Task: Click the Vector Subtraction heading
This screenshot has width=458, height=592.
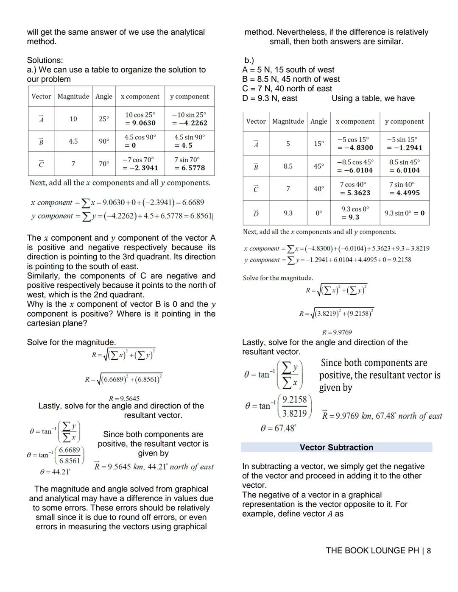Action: click(x=336, y=447)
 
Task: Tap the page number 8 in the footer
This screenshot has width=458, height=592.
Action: click(x=429, y=550)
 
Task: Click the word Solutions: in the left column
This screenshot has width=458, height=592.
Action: click(x=45, y=60)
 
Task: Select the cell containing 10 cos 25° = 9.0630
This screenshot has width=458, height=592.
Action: click(x=140, y=119)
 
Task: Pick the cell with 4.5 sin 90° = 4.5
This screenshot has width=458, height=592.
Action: click(x=189, y=141)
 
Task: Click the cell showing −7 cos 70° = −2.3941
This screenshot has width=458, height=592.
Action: click(x=140, y=164)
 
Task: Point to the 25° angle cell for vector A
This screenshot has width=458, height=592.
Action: click(x=104, y=119)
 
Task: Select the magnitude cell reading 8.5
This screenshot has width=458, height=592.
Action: click(x=288, y=166)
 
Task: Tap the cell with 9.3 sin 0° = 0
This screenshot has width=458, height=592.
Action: click(x=404, y=213)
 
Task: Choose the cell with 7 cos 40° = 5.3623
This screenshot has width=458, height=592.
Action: click(x=355, y=189)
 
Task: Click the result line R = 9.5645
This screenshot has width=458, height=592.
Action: click(x=124, y=398)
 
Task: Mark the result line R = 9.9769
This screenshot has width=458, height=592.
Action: click(x=337, y=332)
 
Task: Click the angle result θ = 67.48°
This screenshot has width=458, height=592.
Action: click(x=278, y=428)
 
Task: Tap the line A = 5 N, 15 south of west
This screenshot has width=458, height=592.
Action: click(x=288, y=70)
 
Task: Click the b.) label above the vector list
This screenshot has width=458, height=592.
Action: click(x=249, y=61)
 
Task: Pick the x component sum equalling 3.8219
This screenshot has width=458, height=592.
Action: click(x=336, y=248)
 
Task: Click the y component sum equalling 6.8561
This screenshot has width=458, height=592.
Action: click(x=121, y=216)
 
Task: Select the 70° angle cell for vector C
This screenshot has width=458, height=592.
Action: click(x=104, y=164)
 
